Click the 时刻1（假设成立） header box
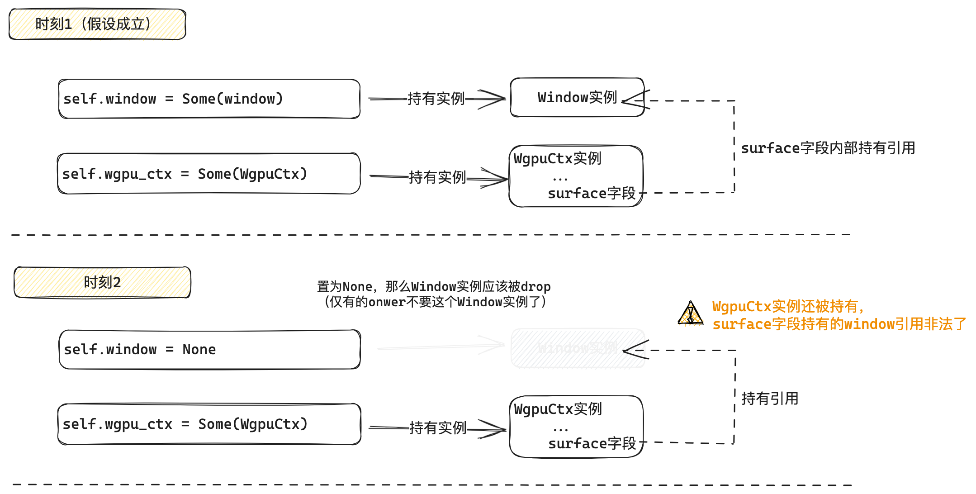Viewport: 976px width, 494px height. tap(97, 24)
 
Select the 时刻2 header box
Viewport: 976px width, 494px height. tap(102, 282)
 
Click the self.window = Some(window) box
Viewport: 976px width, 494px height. tap(209, 99)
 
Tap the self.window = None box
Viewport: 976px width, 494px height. tap(209, 349)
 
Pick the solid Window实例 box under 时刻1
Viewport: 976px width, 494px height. tap(577, 97)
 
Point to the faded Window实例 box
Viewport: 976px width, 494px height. tap(578, 348)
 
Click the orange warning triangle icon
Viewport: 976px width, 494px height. tap(690, 313)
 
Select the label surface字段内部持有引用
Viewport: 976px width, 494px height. tap(828, 148)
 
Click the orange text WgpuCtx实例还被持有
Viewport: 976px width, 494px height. tap(788, 306)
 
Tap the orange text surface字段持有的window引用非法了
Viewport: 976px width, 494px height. tap(839, 324)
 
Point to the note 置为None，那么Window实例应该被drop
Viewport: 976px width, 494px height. tap(433, 286)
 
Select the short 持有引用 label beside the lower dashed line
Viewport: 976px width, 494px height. tap(770, 399)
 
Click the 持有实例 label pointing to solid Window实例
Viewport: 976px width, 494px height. tap(436, 98)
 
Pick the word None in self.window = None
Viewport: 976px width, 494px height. tap(199, 349)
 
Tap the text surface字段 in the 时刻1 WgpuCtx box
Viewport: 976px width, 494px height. tap(592, 193)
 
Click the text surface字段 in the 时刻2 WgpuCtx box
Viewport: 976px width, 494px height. tap(592, 443)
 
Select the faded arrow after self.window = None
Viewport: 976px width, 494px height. tap(441, 347)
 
